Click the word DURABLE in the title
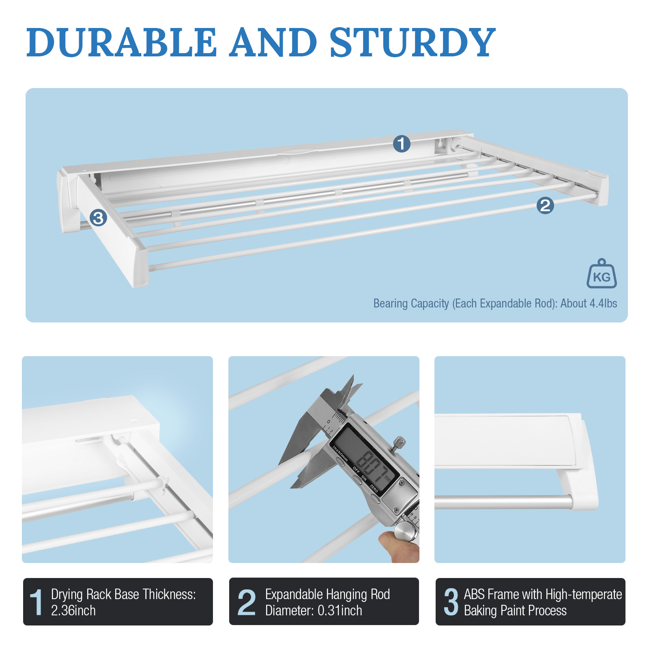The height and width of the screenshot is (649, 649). [x=122, y=42]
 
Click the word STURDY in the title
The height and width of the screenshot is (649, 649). [x=412, y=42]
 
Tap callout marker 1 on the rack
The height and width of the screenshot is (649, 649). [x=402, y=144]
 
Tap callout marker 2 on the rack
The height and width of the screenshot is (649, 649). [x=545, y=205]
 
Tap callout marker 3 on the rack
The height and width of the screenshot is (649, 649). [x=98, y=218]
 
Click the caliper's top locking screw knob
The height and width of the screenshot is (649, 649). [x=400, y=442]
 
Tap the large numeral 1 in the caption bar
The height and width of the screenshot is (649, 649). [x=37, y=602]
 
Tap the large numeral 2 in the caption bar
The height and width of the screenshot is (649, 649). [x=247, y=602]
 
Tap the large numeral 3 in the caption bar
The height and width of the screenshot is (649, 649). [x=451, y=602]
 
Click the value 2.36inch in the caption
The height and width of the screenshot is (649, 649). [x=73, y=610]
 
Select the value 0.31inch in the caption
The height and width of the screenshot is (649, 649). [x=340, y=610]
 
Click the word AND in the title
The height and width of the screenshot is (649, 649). [x=273, y=42]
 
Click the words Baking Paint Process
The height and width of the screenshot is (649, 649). [x=515, y=610]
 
